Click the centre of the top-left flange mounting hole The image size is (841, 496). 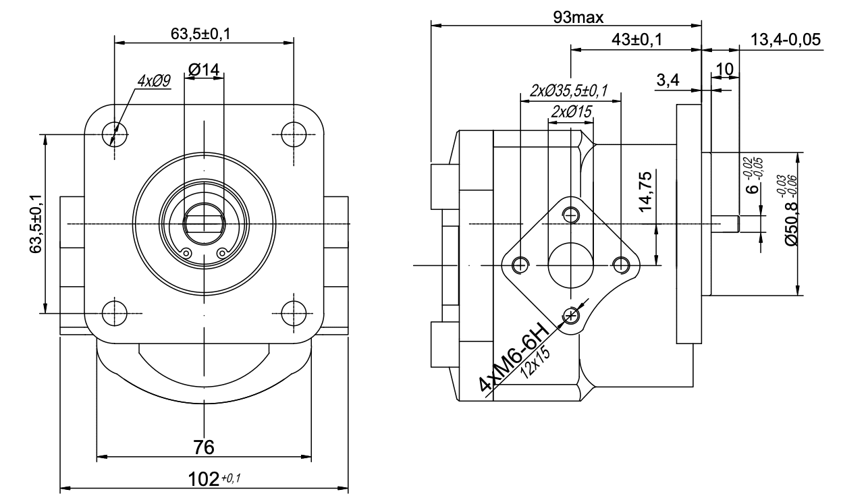(x=115, y=134)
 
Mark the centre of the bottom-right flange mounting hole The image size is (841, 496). (x=294, y=313)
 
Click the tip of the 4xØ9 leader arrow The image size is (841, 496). (x=111, y=145)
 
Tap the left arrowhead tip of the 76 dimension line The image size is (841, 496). (x=97, y=457)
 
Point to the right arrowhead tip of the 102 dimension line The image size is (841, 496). (x=348, y=488)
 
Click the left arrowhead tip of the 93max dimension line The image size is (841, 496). (x=431, y=26)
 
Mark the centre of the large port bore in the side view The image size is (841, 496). (x=571, y=265)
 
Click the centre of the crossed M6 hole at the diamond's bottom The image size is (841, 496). (x=571, y=315)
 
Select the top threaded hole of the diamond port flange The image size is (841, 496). (x=571, y=215)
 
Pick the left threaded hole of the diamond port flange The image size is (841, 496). (x=520, y=265)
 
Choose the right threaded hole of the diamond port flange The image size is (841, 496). (x=621, y=265)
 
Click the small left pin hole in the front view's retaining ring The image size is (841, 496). (x=186, y=253)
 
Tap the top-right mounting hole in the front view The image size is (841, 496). (x=294, y=134)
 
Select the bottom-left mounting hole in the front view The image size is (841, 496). (x=115, y=313)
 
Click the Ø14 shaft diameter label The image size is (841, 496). (x=204, y=70)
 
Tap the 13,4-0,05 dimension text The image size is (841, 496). (x=786, y=40)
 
